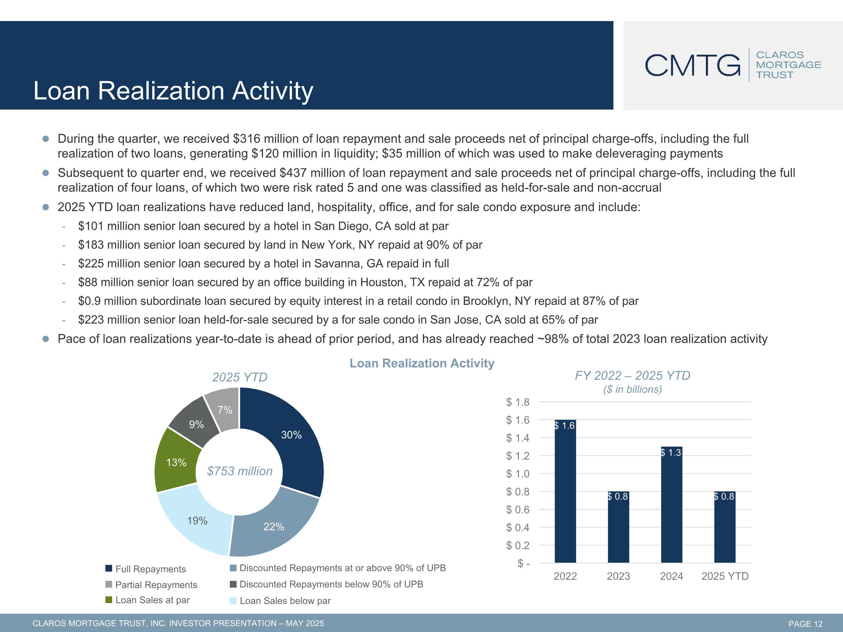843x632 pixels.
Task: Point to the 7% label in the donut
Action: [225, 410]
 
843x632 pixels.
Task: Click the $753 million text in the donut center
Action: [240, 471]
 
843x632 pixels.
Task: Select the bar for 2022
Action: [565, 495]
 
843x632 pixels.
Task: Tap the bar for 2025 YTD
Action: [724, 529]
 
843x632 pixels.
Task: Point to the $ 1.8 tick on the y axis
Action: [518, 402]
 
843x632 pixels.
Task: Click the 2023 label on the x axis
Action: [618, 576]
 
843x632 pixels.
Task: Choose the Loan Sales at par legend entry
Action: [152, 600]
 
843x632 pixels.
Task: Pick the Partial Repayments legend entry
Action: [156, 585]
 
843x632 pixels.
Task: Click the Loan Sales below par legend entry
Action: [285, 601]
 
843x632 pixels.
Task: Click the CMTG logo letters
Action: [692, 65]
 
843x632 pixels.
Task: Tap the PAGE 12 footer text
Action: [805, 624]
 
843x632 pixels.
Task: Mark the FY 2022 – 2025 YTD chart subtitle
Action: [632, 376]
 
